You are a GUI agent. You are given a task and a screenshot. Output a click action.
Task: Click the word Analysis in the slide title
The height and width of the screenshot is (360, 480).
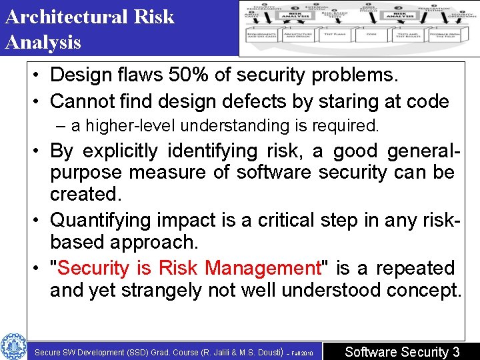click(43, 43)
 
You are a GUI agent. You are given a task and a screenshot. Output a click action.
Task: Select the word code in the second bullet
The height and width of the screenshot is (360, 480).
click(426, 101)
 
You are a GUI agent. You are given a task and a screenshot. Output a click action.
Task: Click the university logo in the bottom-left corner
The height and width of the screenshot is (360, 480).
click(13, 346)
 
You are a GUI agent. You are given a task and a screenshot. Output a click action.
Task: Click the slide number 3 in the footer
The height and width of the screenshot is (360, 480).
click(456, 351)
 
